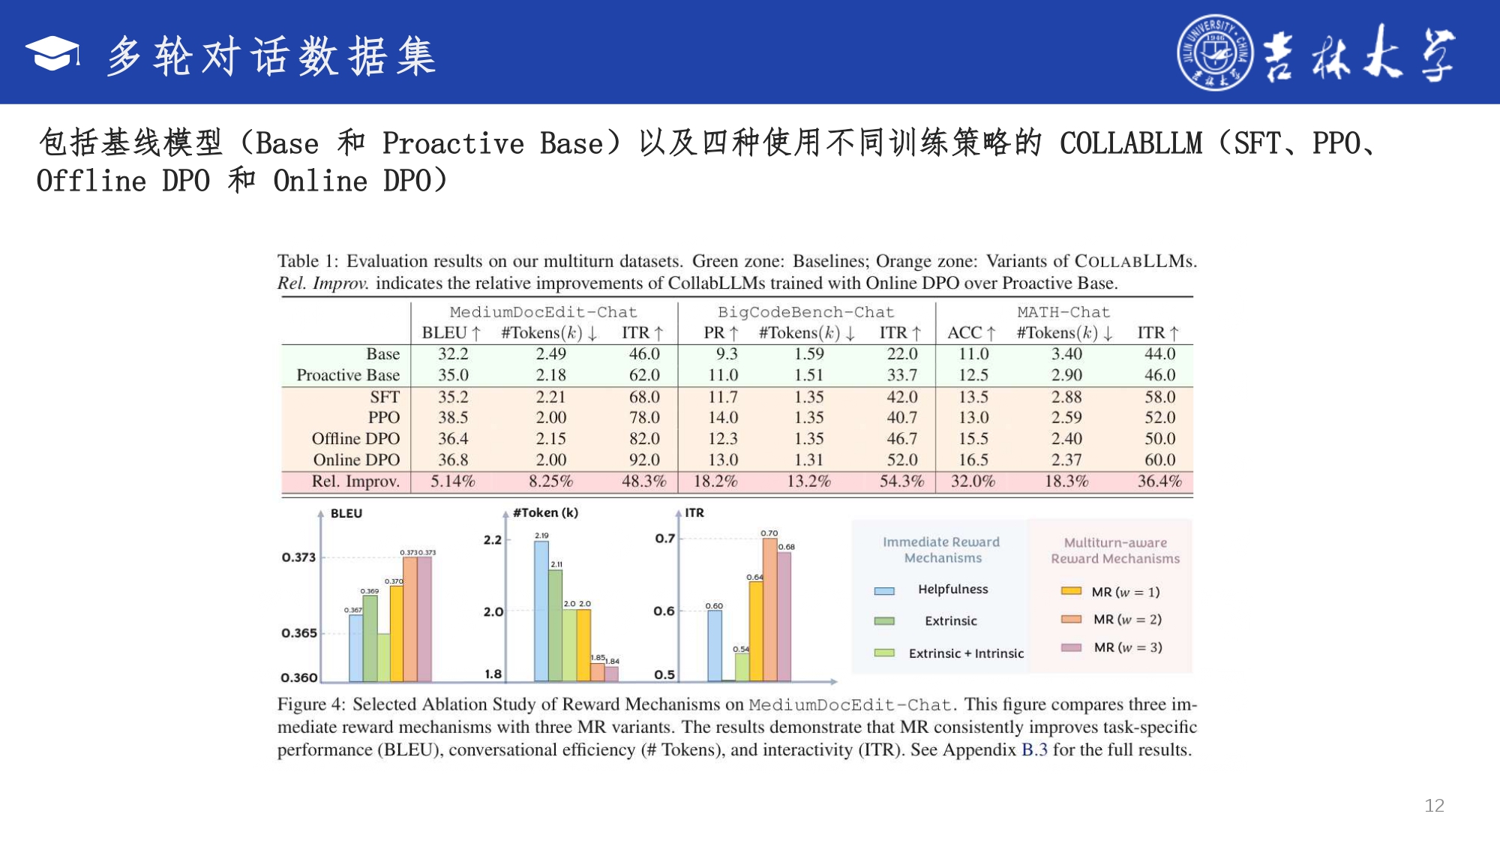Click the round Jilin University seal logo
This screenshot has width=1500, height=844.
click(1214, 53)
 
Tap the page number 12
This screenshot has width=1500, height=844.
click(1434, 806)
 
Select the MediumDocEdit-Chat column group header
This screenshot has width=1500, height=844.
click(543, 312)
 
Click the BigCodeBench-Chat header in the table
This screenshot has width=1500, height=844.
click(805, 312)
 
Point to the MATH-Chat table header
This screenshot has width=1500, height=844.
click(1063, 312)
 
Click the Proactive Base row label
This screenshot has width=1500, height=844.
click(348, 375)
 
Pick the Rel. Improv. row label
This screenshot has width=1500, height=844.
click(355, 482)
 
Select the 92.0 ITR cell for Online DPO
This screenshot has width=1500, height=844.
click(644, 460)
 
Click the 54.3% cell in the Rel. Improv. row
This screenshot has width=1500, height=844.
click(901, 482)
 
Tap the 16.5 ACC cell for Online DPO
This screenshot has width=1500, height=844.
click(973, 460)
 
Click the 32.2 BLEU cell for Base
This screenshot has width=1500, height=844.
click(453, 354)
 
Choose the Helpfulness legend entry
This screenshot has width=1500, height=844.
click(952, 590)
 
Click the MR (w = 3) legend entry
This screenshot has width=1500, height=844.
click(1127, 647)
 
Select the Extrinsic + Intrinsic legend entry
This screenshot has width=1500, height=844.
click(965, 653)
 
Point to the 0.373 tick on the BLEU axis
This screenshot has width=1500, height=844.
click(298, 557)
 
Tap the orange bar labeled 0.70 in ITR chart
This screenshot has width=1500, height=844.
click(769, 609)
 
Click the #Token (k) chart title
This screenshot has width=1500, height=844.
click(545, 513)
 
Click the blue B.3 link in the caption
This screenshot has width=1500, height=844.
click(1034, 750)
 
